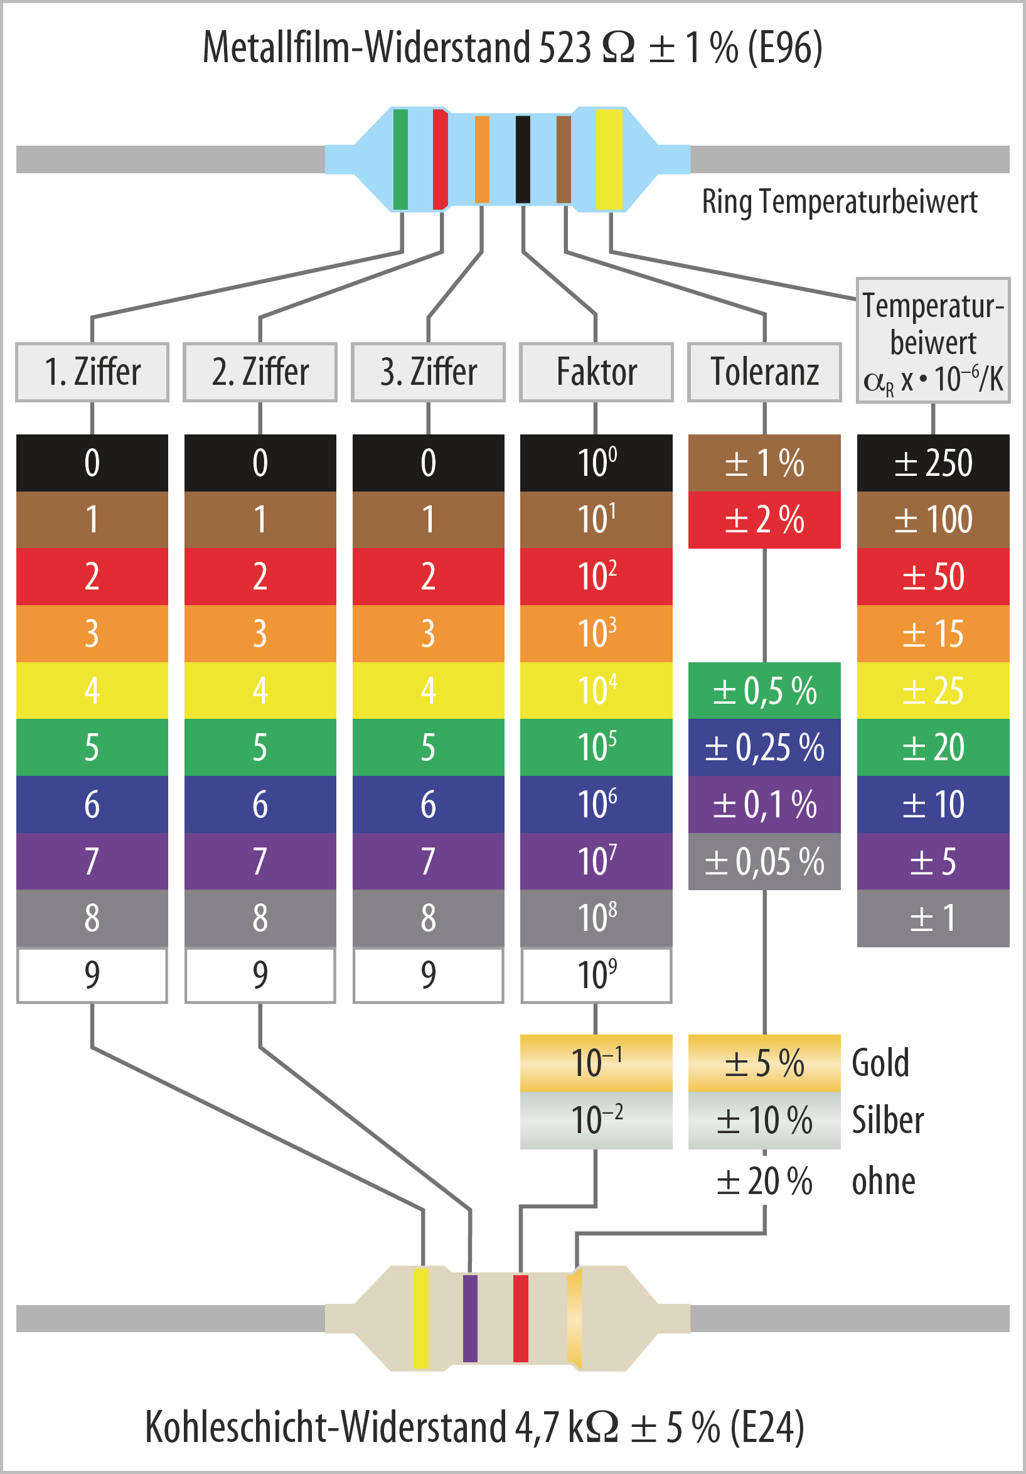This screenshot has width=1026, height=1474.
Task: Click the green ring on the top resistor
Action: tap(400, 159)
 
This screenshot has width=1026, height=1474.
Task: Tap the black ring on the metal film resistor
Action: tap(523, 159)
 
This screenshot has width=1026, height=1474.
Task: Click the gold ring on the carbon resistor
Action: tap(574, 1319)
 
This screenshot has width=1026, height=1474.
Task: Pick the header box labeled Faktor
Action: tap(596, 372)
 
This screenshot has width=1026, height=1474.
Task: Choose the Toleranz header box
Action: tap(764, 372)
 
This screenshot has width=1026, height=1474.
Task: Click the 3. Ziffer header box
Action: tap(428, 372)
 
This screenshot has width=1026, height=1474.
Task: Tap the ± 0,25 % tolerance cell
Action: tap(764, 747)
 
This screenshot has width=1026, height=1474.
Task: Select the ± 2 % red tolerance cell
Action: tap(764, 520)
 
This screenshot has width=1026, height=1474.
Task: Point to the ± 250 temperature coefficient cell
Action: tap(933, 463)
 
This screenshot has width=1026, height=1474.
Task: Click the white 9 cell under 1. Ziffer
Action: tap(92, 975)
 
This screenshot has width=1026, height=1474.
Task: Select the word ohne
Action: tap(883, 1181)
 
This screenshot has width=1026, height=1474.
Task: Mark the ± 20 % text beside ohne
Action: tap(764, 1181)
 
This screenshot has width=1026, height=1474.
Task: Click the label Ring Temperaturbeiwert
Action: tap(839, 202)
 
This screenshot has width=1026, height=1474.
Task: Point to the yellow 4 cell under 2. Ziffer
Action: tap(260, 690)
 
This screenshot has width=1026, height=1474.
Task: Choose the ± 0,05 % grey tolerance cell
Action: tap(764, 861)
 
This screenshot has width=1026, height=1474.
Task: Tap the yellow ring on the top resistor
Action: tap(609, 159)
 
